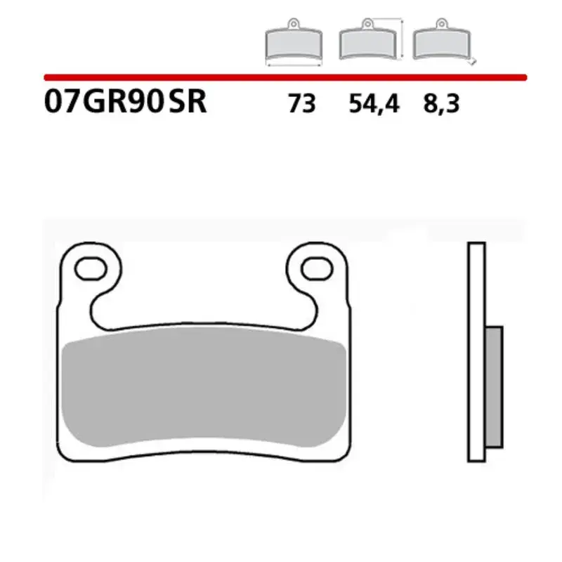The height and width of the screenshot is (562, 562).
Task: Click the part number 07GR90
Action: click(104, 103)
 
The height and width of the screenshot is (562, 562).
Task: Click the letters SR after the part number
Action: click(188, 103)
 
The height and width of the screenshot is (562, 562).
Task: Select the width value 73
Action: click(301, 105)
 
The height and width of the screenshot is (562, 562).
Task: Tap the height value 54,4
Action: click(373, 105)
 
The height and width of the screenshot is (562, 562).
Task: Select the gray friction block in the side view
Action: click(495, 386)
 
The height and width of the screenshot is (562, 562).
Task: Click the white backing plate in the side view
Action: click(476, 351)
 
